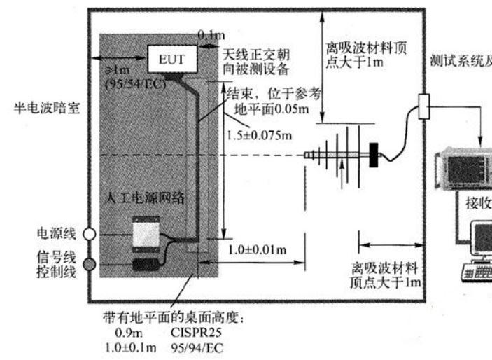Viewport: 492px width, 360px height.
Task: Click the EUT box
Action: [171, 58]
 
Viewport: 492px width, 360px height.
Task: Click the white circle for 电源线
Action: [89, 234]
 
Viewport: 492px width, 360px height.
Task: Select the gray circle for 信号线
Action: [89, 264]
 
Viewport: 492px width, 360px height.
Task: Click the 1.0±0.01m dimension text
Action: [258, 249]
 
